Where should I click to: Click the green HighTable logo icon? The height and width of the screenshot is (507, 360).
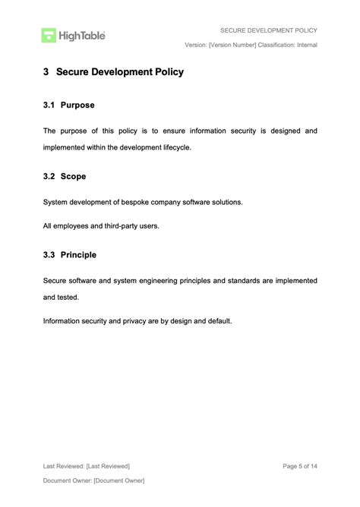(x=49, y=35)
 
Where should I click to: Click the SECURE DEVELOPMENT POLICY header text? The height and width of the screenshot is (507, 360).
(x=268, y=30)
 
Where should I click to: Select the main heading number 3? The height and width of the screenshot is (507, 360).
(x=46, y=73)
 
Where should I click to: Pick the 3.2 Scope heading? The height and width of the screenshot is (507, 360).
(x=65, y=176)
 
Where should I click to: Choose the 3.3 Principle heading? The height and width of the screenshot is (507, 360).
(x=69, y=255)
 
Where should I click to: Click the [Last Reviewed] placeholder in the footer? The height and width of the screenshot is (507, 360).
(x=108, y=465)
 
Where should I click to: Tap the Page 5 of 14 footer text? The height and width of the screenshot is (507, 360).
(x=299, y=465)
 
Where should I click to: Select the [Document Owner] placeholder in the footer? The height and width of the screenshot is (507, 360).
(x=118, y=480)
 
